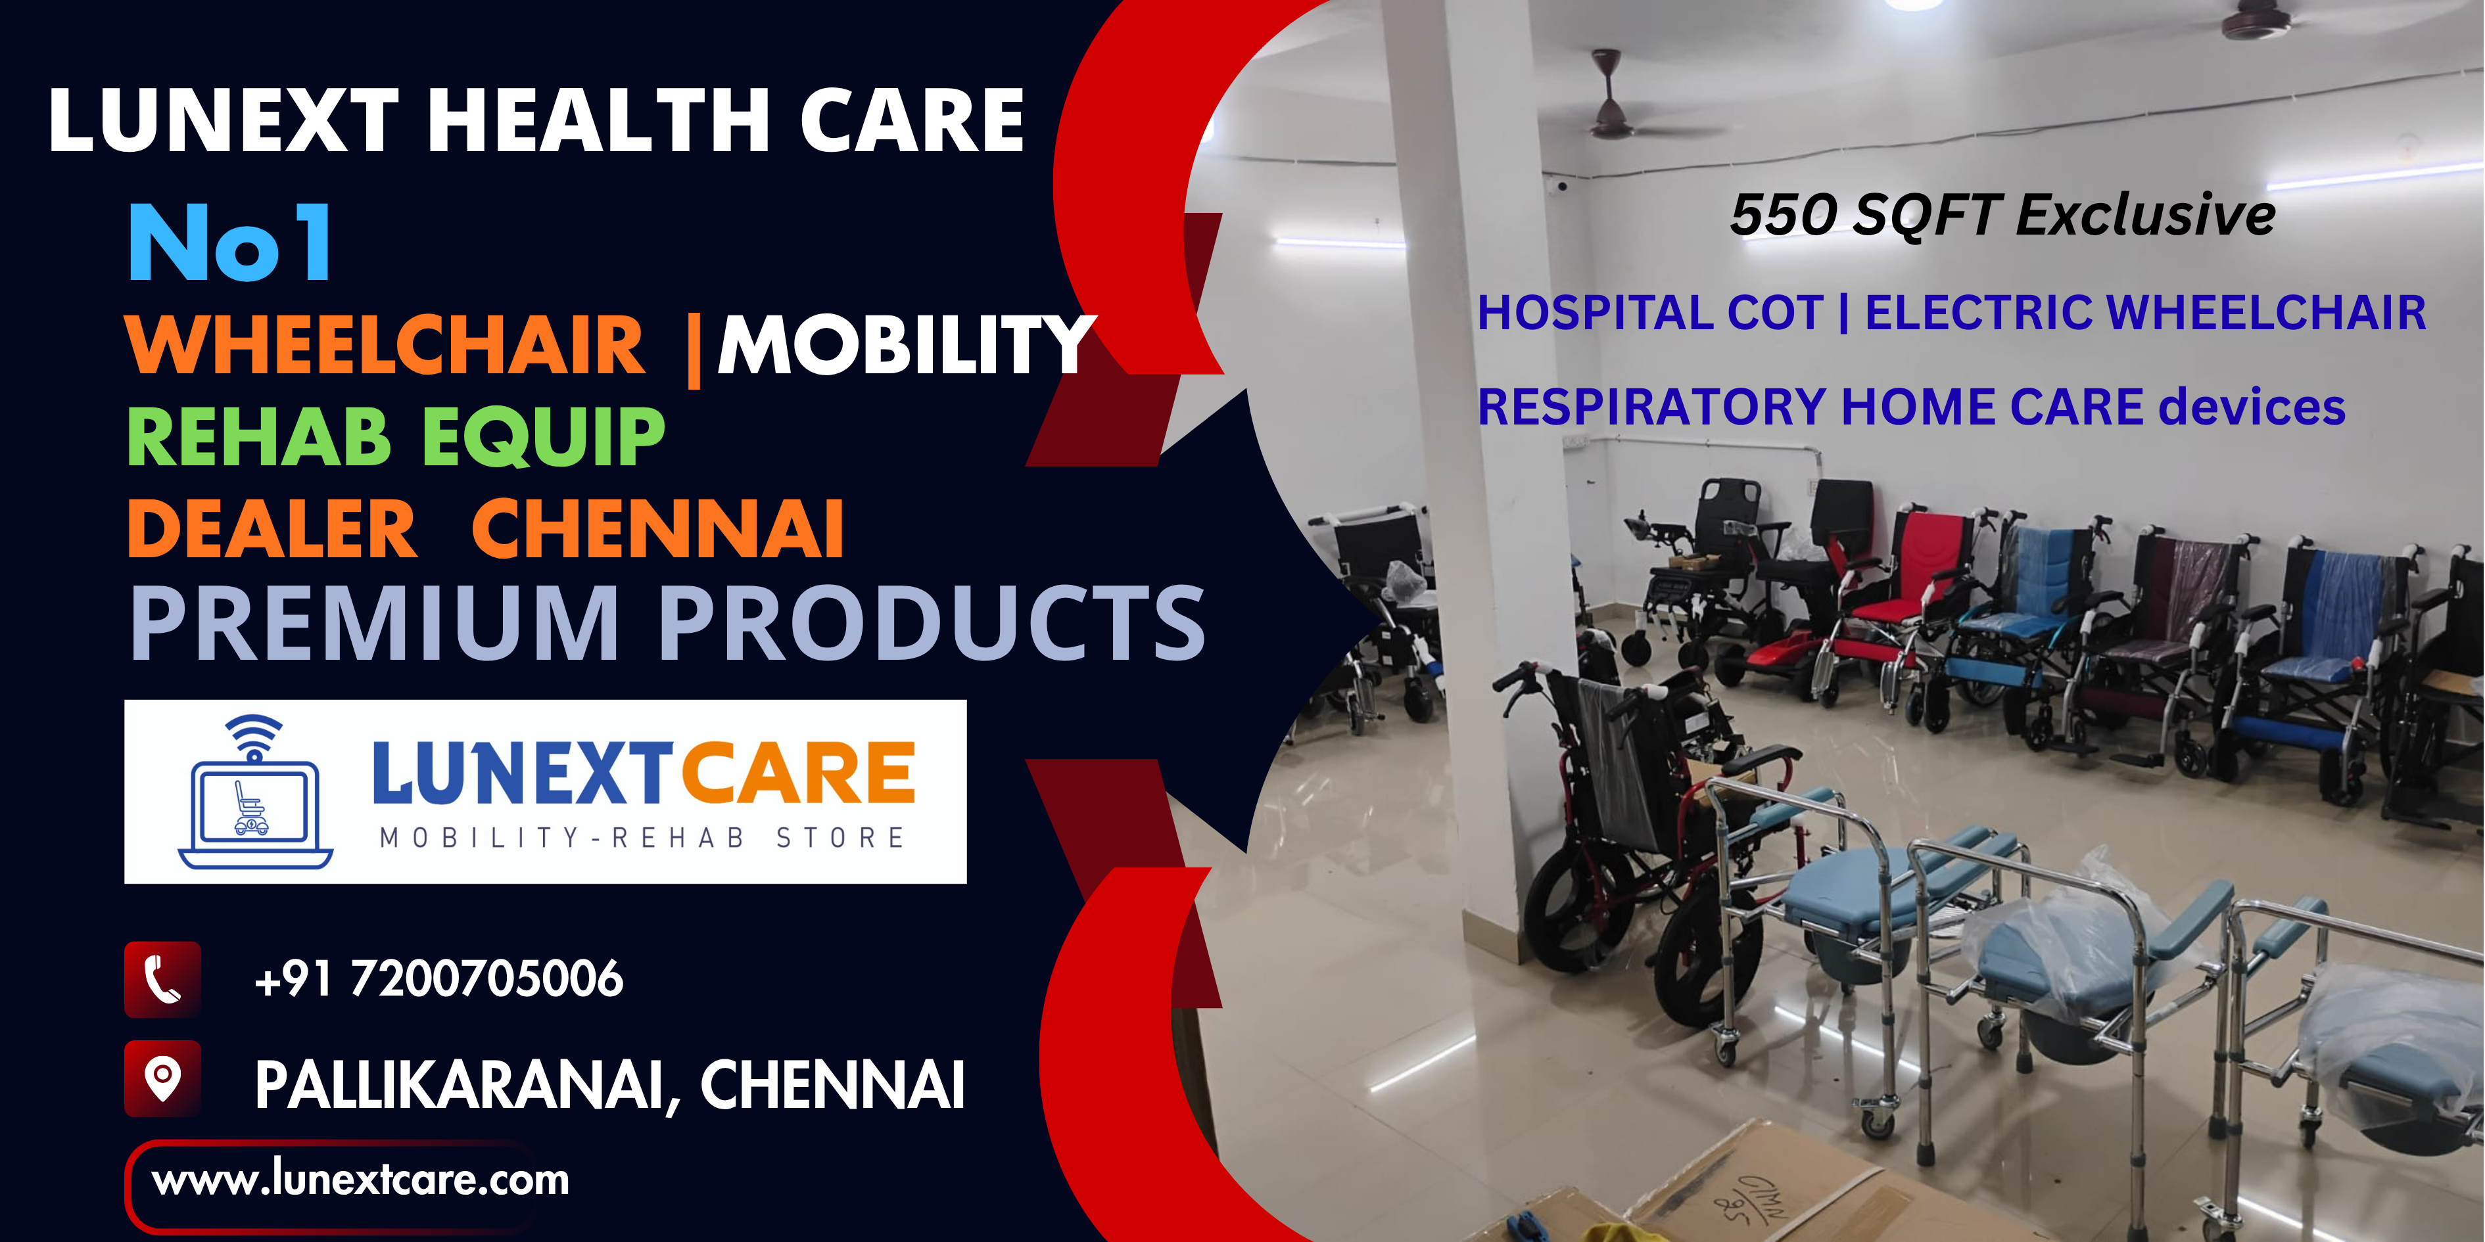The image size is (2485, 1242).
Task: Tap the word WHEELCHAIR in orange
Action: coord(385,345)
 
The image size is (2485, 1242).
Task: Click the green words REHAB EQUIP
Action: coord(396,436)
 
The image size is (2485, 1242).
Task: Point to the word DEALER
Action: coord(272,528)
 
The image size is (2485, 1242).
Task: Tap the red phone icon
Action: coord(163,980)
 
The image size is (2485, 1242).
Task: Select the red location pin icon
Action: coord(163,1078)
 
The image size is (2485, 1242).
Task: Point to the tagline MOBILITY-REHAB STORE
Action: coord(642,837)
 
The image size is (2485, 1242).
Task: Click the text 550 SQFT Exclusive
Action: coord(2002,214)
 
